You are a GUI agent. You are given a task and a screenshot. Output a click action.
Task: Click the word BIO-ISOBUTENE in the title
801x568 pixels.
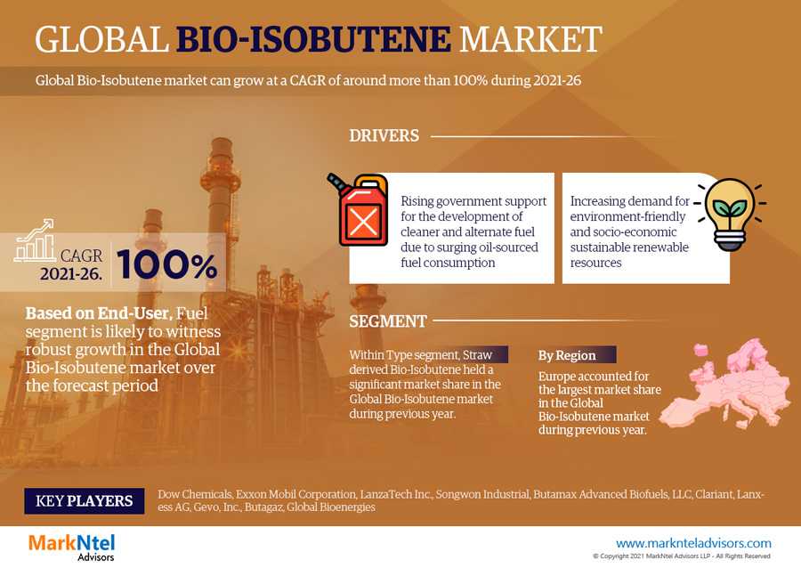click(313, 40)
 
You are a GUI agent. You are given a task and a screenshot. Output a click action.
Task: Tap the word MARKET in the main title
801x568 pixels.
click(530, 40)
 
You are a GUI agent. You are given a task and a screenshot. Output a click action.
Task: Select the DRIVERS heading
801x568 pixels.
click(384, 136)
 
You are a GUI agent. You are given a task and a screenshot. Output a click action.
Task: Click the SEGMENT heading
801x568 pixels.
click(388, 321)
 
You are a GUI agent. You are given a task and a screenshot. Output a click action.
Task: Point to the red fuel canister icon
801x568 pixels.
click(358, 209)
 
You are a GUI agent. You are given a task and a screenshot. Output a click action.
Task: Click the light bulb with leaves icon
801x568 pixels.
click(730, 214)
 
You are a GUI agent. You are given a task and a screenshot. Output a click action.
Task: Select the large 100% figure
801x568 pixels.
click(167, 264)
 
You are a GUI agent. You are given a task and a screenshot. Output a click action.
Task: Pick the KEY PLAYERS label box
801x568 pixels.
click(85, 500)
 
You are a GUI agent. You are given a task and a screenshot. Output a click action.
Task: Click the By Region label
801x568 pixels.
click(567, 355)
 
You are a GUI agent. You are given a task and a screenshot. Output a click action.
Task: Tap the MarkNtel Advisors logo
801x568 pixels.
click(72, 547)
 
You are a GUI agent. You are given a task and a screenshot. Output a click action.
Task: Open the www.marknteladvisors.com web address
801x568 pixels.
click(693, 543)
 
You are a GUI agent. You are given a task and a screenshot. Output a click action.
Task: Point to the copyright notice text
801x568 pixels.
click(682, 556)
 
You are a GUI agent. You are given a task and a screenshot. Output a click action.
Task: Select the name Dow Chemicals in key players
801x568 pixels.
click(195, 494)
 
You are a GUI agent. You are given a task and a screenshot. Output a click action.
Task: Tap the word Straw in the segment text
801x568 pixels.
click(477, 354)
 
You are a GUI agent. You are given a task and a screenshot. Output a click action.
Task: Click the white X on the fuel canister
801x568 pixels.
click(363, 222)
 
